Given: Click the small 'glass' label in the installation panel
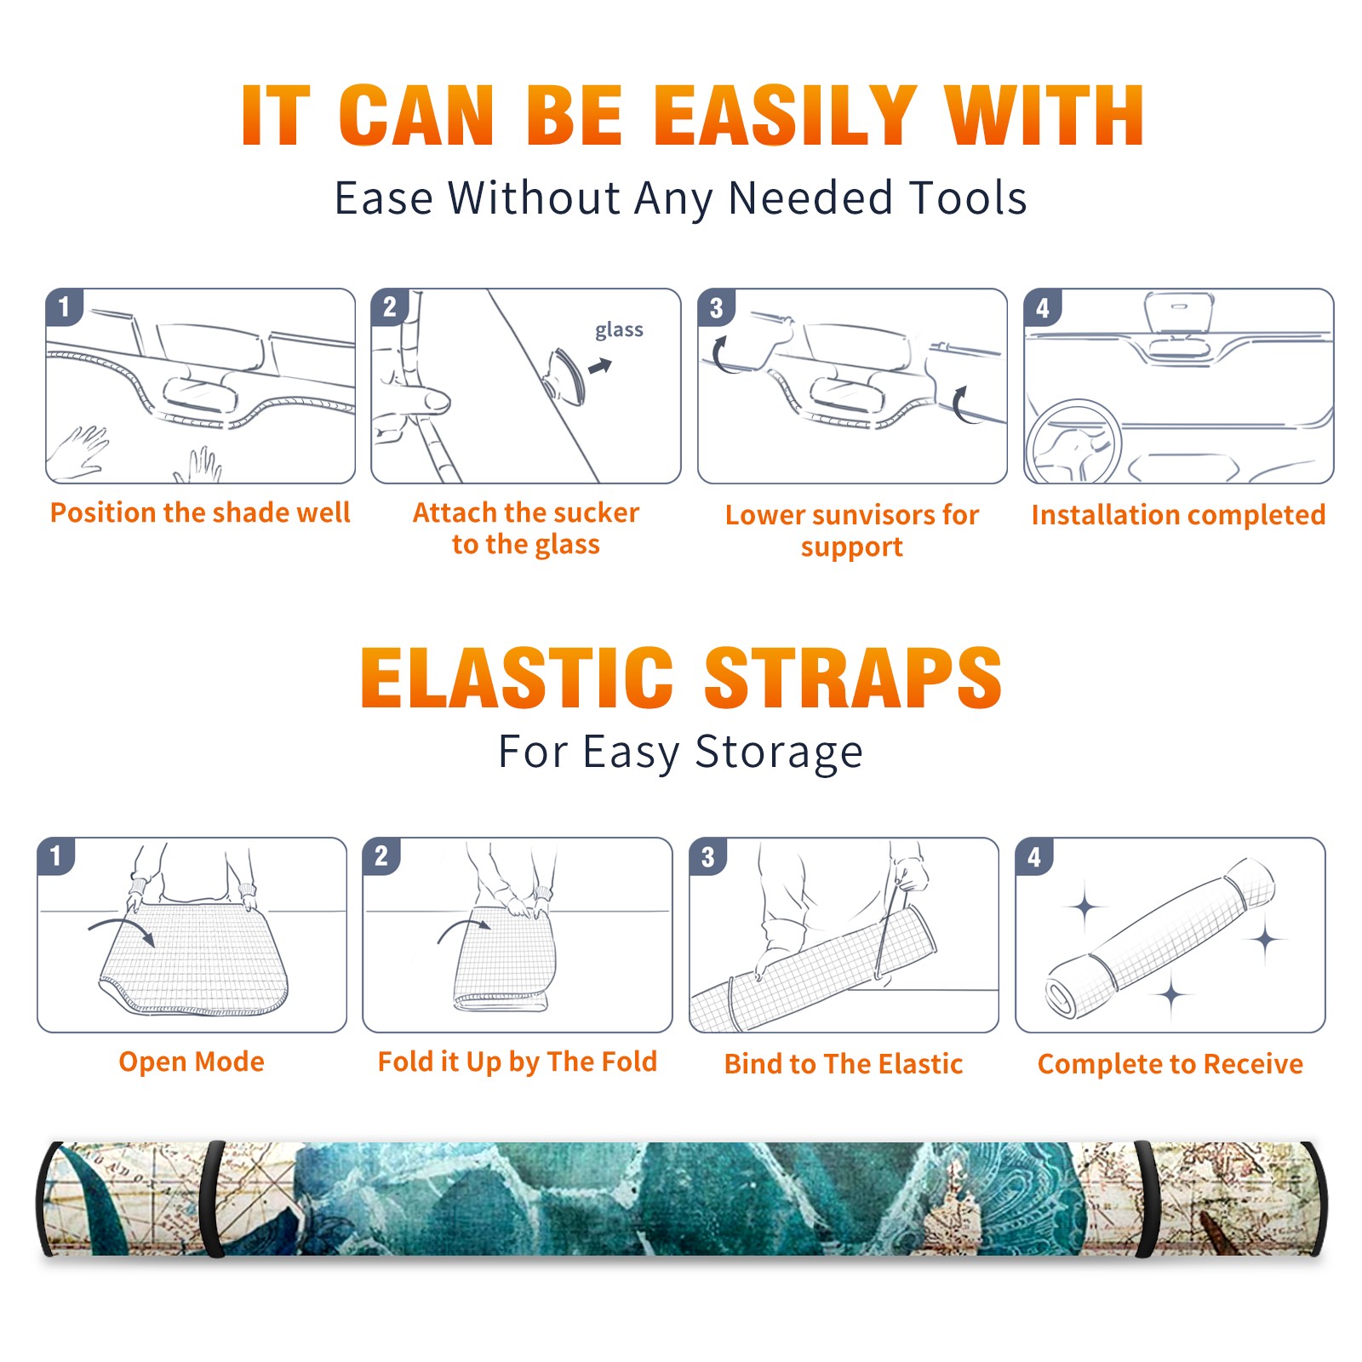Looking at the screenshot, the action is coord(619,330).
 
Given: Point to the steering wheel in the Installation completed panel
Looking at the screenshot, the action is coord(1073,442).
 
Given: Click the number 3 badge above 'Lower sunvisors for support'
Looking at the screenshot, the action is coord(716,307).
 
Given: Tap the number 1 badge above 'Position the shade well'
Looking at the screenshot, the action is coord(64,306).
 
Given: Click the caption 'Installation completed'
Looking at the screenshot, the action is coord(1178,514).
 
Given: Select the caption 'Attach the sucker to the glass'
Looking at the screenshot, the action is coord(526,528).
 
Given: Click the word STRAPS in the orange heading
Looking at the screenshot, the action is coord(853,678).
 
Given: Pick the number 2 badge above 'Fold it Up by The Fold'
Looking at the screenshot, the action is coord(381,856).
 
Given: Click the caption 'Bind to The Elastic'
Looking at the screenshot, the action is coord(844,1063).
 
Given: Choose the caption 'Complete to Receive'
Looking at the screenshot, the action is coord(1170,1063).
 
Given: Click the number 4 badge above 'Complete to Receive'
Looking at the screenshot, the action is coord(1033,856).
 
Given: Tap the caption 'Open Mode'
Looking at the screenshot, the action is coord(192,1062).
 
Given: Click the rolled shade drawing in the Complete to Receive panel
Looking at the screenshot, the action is coord(1160,938).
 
